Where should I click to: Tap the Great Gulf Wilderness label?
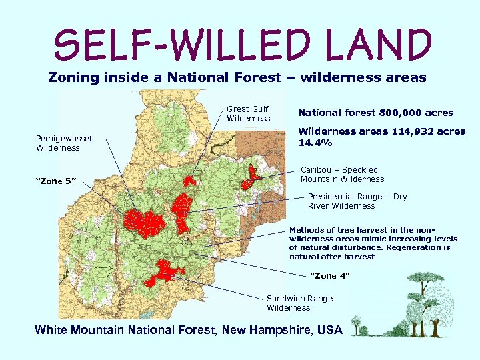point(248,114)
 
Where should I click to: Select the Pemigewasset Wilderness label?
point(64,143)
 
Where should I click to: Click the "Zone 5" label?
point(56,181)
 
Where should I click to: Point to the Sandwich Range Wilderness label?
point(299,303)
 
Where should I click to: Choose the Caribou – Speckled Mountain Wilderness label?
point(342,174)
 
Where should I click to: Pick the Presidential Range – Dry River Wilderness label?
point(357,201)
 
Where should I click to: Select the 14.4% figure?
point(315,143)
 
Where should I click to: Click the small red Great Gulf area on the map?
point(190,181)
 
